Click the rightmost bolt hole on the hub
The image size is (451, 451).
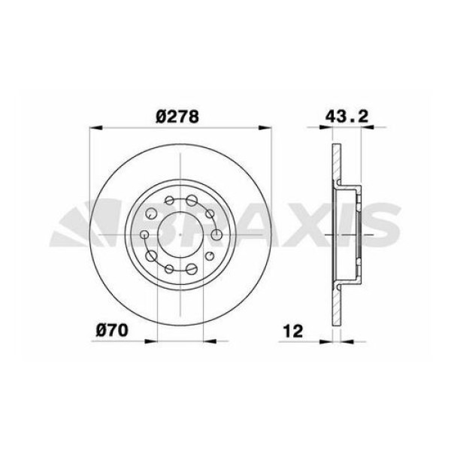click(x=217, y=235)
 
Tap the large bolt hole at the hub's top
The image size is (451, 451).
click(x=192, y=201)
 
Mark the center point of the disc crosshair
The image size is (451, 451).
click(x=180, y=235)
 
